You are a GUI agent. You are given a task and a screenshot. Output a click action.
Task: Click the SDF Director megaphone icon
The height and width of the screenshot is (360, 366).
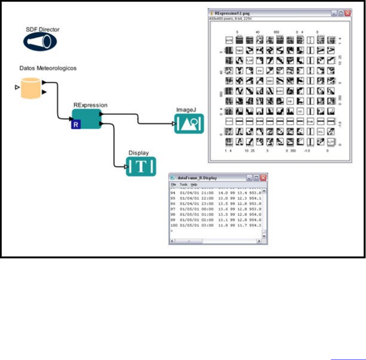(x=38, y=41)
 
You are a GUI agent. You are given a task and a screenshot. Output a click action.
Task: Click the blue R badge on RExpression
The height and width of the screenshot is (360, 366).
(x=75, y=124)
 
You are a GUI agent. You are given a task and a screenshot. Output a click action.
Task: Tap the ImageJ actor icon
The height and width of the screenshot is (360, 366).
(x=189, y=124)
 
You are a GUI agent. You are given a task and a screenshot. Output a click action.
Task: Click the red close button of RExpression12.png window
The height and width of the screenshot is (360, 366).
(x=347, y=13)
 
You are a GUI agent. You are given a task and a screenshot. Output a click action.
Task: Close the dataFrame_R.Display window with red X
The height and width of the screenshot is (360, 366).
(x=263, y=178)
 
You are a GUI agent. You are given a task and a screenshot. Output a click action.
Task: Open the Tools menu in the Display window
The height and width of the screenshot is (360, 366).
(x=183, y=185)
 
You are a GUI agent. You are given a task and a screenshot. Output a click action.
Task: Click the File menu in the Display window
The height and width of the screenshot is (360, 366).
(x=173, y=185)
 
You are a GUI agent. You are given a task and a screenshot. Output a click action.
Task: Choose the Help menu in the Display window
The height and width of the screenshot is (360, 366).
(x=194, y=185)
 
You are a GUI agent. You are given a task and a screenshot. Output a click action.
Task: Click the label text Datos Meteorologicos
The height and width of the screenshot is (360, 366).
(x=48, y=68)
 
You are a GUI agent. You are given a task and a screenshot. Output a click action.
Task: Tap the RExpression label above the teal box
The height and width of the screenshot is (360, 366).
(x=90, y=104)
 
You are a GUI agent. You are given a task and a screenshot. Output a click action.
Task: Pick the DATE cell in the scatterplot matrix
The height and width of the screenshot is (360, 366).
(x=229, y=40)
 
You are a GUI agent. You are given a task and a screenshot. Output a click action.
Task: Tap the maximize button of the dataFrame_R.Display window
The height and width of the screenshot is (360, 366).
(x=256, y=178)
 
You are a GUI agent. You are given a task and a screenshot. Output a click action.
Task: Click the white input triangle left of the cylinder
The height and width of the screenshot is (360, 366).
(x=17, y=87)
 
